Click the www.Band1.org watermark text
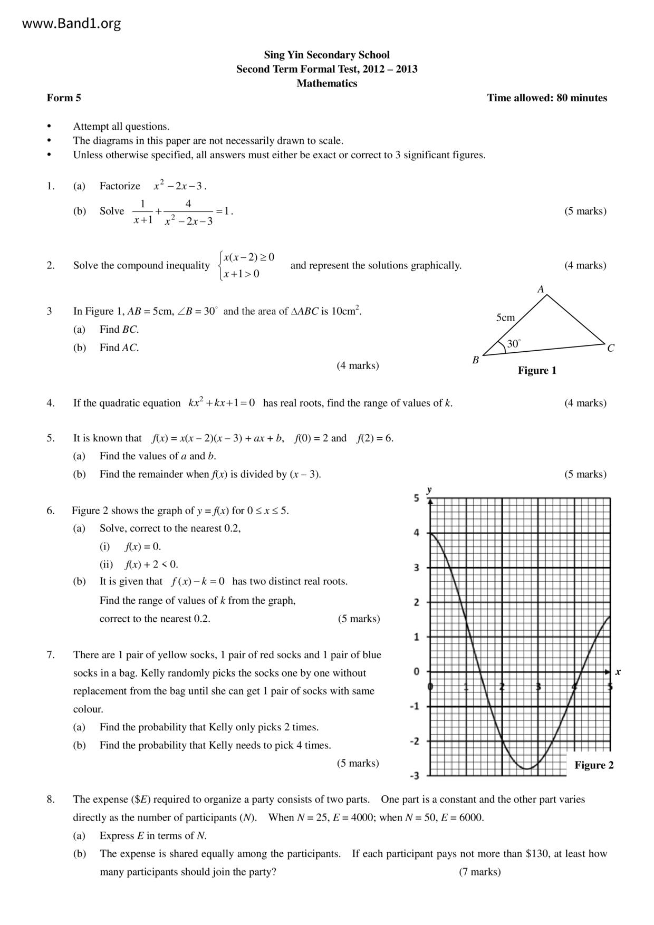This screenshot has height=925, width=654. [72, 23]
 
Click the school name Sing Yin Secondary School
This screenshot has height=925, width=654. [326, 55]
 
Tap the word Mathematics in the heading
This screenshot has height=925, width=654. [326, 83]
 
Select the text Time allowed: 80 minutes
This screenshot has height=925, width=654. [547, 98]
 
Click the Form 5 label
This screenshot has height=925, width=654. [64, 98]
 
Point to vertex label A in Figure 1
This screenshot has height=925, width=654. [541, 289]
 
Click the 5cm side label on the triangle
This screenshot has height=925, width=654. [505, 317]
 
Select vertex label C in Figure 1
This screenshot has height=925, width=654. [611, 348]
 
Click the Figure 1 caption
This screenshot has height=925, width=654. [537, 370]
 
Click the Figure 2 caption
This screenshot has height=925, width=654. [594, 765]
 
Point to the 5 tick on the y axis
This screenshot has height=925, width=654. [417, 498]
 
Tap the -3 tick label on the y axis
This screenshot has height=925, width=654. [415, 776]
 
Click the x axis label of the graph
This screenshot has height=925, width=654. [618, 672]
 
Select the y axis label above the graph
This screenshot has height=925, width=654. [429, 489]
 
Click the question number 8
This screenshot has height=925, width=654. [51, 799]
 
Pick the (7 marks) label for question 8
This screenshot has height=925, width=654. [479, 872]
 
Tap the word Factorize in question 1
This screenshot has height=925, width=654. [120, 186]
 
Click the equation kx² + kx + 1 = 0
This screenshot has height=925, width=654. [222, 403]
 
